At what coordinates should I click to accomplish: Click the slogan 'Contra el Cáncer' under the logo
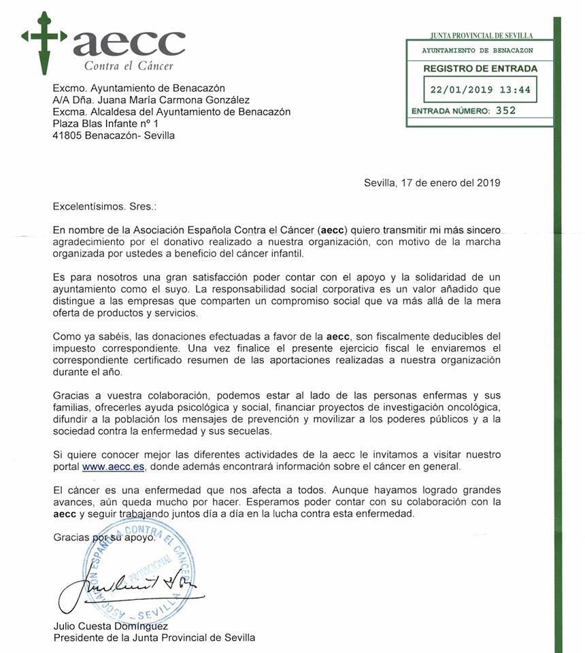pos(129,66)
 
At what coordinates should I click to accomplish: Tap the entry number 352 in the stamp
pos(505,110)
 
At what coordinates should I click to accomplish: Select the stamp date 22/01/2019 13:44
pos(480,89)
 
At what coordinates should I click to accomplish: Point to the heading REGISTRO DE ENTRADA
pos(480,68)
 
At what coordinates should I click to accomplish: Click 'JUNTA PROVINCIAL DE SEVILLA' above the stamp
pos(482,35)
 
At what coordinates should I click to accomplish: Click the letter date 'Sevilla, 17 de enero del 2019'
pos(432,182)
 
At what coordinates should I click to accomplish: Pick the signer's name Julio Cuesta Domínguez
pos(111,626)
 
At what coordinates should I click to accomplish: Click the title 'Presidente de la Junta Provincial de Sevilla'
pos(154,637)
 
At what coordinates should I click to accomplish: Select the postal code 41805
pos(67,135)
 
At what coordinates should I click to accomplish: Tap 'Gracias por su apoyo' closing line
pos(105,537)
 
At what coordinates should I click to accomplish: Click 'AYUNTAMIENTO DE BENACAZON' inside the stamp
pos(478,50)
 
